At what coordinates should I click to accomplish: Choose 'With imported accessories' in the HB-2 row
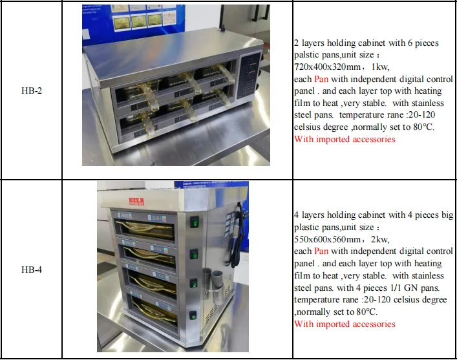tap(345, 139)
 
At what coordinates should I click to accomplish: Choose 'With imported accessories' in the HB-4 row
tap(345, 324)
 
